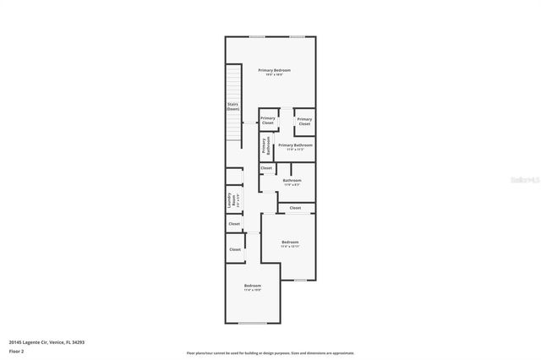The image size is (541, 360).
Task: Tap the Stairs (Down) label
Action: point(232,106)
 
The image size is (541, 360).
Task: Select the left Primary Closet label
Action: point(268,121)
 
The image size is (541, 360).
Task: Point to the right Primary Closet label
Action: point(304,121)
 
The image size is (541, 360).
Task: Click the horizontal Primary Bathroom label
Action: point(295,145)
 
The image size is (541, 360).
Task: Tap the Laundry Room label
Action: point(229,201)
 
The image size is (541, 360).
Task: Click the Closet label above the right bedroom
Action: point(295,208)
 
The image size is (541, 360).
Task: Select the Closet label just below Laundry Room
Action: point(234,224)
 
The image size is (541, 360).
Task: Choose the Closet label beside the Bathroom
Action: point(266,168)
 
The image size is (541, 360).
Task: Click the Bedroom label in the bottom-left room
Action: point(252,286)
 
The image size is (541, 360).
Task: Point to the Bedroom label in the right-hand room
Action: point(290,242)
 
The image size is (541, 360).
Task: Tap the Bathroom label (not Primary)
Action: point(292,180)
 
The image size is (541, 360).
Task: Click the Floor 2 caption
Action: point(16,351)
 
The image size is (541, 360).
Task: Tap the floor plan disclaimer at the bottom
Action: point(270,353)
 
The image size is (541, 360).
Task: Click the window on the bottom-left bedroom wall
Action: point(253,323)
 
